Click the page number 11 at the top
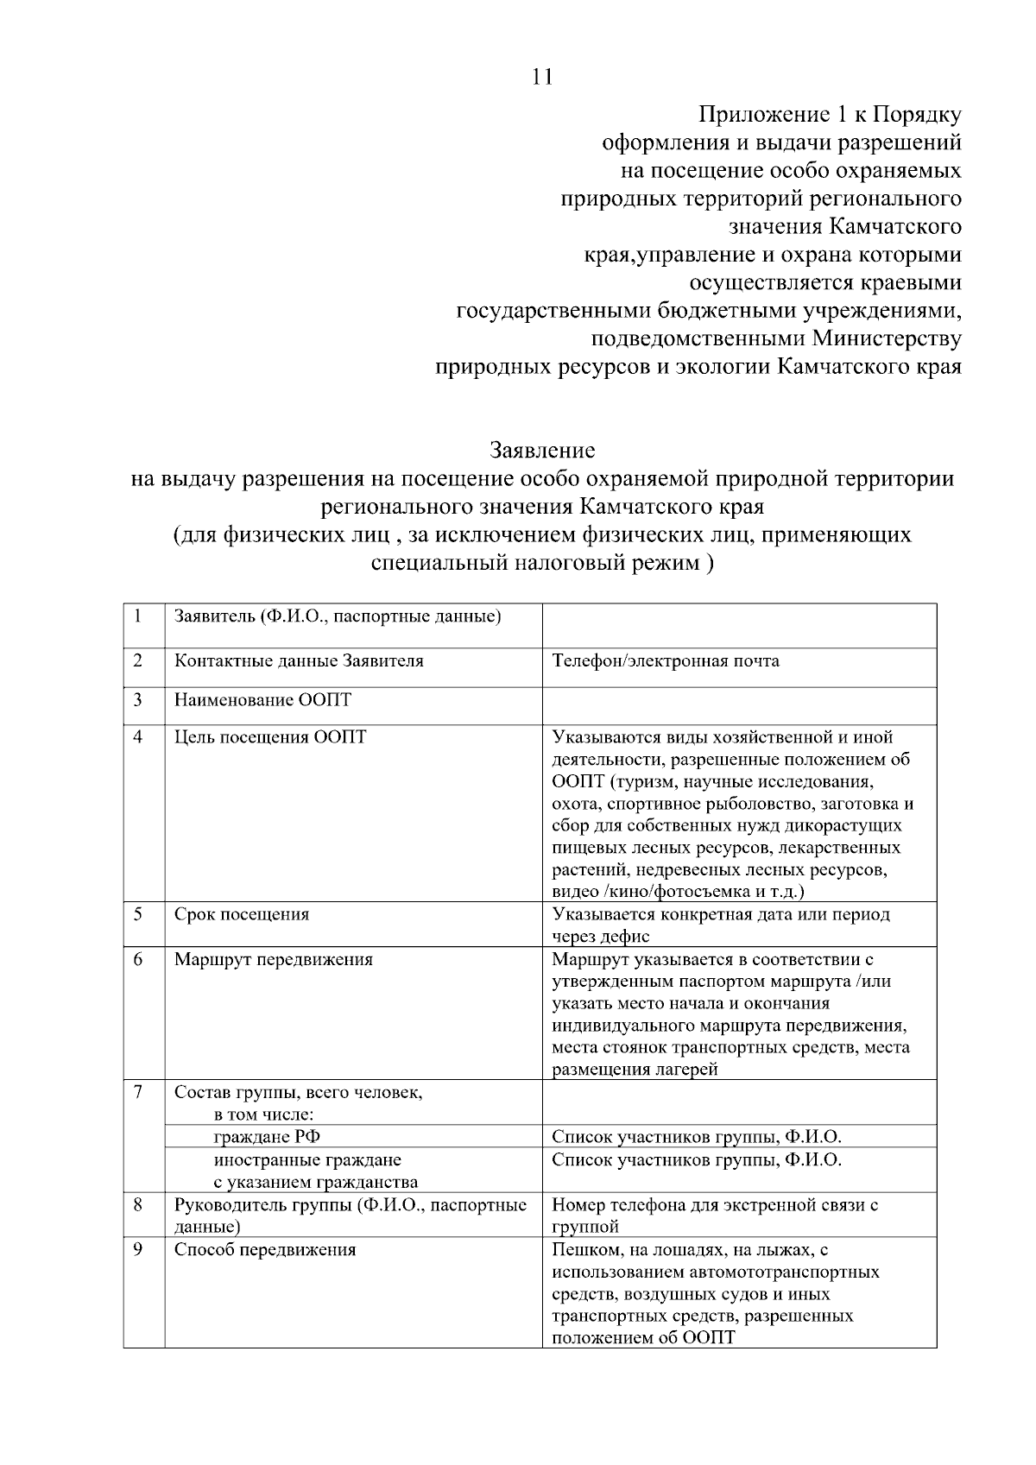tap(541, 77)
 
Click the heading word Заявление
tap(542, 450)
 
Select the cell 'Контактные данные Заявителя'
tap(299, 661)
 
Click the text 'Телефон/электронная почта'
tap(665, 661)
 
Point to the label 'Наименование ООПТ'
tap(262, 699)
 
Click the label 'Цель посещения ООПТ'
tap(270, 737)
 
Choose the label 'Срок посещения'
tap(242, 914)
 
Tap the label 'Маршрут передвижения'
tap(274, 959)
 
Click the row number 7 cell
tap(138, 1092)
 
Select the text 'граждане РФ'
tap(267, 1137)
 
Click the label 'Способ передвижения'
tap(265, 1250)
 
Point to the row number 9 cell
tap(138, 1250)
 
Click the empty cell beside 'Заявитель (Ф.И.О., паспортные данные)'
tap(739, 625)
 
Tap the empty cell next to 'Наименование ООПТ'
tap(739, 705)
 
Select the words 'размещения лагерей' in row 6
tap(635, 1070)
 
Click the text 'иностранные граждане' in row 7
tap(307, 1159)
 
